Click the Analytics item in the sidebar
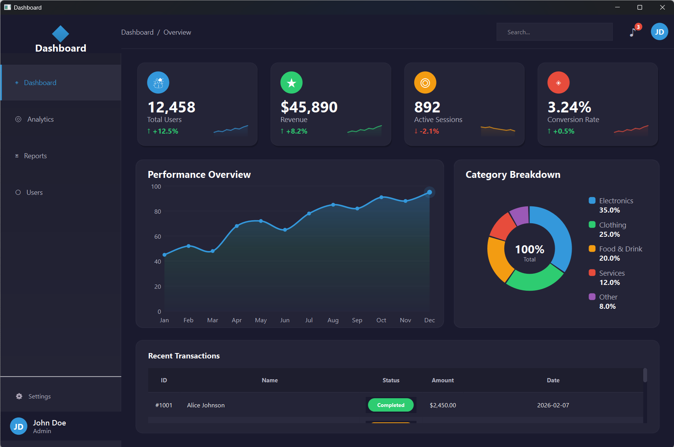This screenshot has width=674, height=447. tap(40, 119)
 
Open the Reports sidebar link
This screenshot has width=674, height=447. tap(35, 156)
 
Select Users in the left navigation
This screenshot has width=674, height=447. tap(34, 193)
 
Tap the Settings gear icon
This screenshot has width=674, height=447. tap(19, 396)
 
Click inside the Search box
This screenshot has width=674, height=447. tap(554, 32)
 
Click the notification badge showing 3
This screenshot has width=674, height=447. tap(638, 27)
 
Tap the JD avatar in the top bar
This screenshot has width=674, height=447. tap(659, 32)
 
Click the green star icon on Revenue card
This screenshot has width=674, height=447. tap(291, 82)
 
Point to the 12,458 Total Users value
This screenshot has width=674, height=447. tap(171, 107)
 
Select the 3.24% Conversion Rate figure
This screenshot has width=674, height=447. tap(569, 107)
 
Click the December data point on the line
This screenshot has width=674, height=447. tap(429, 192)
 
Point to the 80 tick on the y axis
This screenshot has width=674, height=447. tap(157, 211)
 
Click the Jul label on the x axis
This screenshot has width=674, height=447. tap(309, 320)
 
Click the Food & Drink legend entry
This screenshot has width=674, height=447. tap(620, 249)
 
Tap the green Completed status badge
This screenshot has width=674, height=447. tap(390, 405)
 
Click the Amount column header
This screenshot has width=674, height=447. tap(443, 380)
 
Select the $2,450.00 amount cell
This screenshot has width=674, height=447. tap(443, 405)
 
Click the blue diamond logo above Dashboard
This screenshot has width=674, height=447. tap(60, 34)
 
